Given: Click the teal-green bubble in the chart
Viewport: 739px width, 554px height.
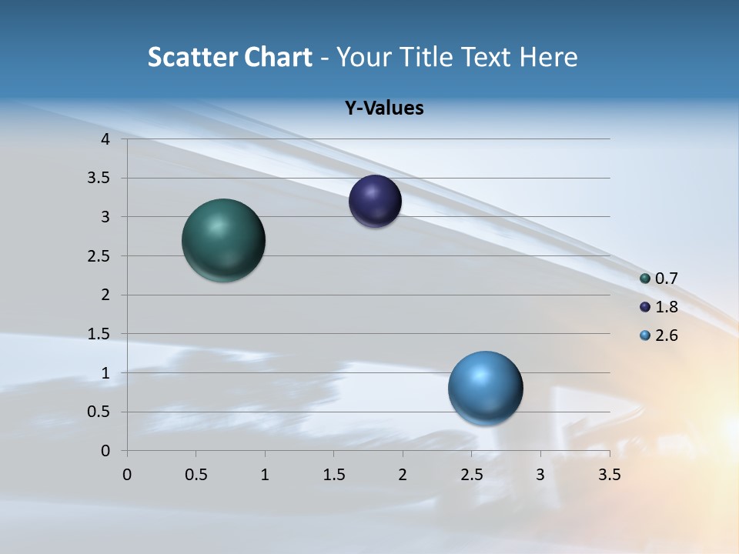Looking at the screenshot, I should pyautogui.click(x=223, y=240).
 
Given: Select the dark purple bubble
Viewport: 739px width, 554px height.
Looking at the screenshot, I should pyautogui.click(x=375, y=202).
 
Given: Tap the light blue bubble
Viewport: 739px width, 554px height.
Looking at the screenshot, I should pyautogui.click(x=485, y=388).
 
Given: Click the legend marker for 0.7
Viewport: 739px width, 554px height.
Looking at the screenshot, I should pyautogui.click(x=645, y=279).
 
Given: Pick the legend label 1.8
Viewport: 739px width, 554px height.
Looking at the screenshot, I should pyautogui.click(x=666, y=307).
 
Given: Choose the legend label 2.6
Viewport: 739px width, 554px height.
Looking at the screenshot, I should pyautogui.click(x=666, y=335).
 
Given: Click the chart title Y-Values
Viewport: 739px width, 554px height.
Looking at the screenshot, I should pyautogui.click(x=383, y=108).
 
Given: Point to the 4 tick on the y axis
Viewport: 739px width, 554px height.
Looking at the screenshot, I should pyautogui.click(x=106, y=139).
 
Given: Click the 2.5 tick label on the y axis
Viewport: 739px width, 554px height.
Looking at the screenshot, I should pyautogui.click(x=100, y=256).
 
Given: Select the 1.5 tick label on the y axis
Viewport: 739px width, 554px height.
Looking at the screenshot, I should pyautogui.click(x=100, y=334).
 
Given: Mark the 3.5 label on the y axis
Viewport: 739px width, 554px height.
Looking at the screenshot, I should pyautogui.click(x=100, y=179).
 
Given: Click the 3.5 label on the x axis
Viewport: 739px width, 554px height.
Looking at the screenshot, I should pyautogui.click(x=609, y=475).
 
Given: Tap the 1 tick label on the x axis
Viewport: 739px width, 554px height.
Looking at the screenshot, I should pyautogui.click(x=265, y=475).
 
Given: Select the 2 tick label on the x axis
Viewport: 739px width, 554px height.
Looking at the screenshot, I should pyautogui.click(x=403, y=475).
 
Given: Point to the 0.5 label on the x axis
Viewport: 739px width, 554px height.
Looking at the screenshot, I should pyautogui.click(x=196, y=475).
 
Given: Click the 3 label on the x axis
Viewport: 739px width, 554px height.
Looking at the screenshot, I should pyautogui.click(x=540, y=475).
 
